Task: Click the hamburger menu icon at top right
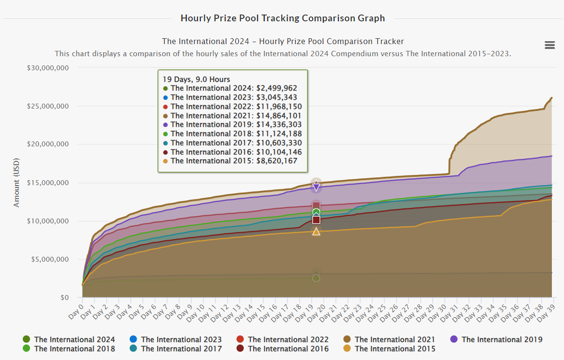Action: [x=549, y=45]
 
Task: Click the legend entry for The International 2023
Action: [x=176, y=340]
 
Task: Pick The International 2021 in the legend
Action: [x=390, y=340]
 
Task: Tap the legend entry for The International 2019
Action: [x=497, y=340]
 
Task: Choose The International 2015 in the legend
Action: [x=390, y=349]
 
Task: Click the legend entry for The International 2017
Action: [x=176, y=349]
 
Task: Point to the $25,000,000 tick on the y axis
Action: [x=48, y=106]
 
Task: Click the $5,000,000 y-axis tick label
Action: [x=50, y=259]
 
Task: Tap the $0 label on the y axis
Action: [x=64, y=297]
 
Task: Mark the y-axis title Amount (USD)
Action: [x=17, y=183]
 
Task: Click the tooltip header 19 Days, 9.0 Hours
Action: [x=196, y=79]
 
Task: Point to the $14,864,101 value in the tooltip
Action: [x=279, y=116]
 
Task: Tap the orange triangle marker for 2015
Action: [x=316, y=232]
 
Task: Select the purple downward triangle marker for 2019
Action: [x=316, y=187]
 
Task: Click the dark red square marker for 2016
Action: [x=316, y=220]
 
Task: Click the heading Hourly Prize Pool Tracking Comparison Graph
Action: [x=282, y=18]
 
